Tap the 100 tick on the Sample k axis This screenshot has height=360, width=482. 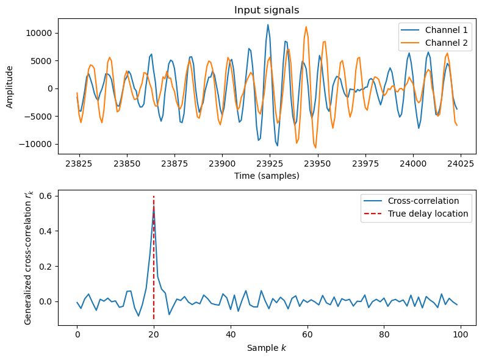460,335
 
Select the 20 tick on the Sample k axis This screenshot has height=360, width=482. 154,335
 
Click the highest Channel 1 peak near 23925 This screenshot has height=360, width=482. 268,24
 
